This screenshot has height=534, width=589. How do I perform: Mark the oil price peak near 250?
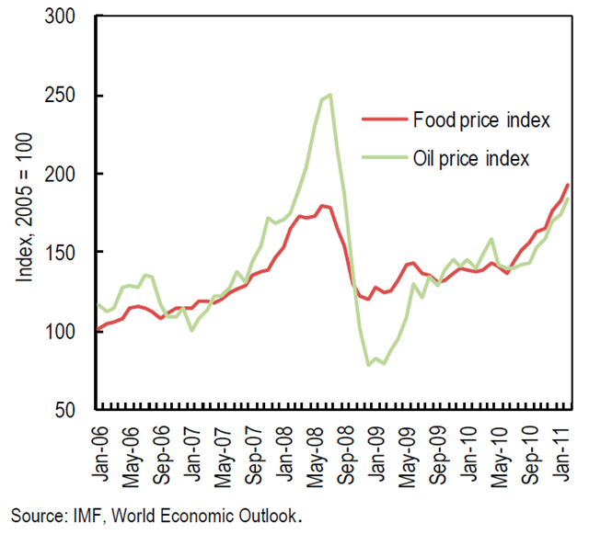click(330, 95)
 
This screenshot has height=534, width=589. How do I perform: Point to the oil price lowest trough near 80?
click(369, 365)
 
